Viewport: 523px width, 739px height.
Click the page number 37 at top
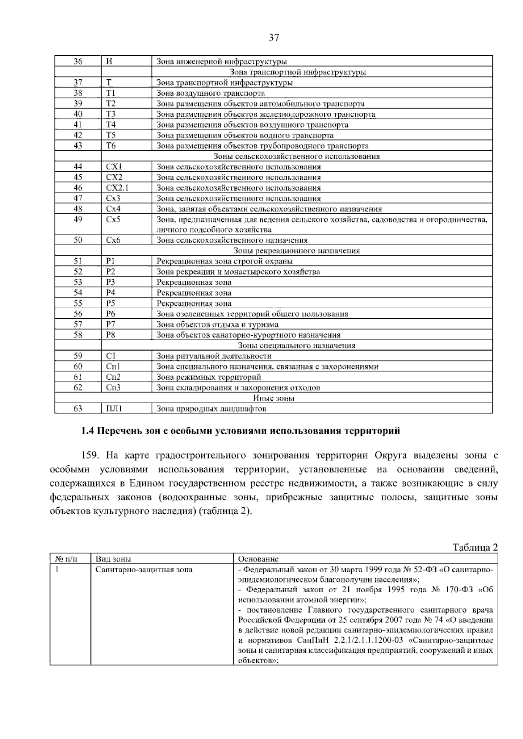pyautogui.click(x=273, y=38)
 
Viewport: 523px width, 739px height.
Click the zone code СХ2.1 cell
pyautogui.click(x=117, y=188)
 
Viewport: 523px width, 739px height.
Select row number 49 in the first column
pyautogui.click(x=78, y=219)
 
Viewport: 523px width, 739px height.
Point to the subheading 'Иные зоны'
pyautogui.click(x=274, y=398)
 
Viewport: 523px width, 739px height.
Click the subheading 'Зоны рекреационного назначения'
pyautogui.click(x=297, y=251)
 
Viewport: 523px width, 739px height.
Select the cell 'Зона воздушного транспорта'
pyautogui.click(x=211, y=93)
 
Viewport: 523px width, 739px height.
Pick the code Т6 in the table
pyautogui.click(x=111, y=146)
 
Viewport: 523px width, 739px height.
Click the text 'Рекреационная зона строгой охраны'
pyautogui.click(x=224, y=261)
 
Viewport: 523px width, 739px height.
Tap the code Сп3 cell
pyautogui.click(x=113, y=388)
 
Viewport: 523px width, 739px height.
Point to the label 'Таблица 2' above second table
pyautogui.click(x=475, y=548)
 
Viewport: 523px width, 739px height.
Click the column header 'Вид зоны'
pyautogui.click(x=113, y=559)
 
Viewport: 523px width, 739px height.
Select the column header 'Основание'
pyautogui.click(x=258, y=559)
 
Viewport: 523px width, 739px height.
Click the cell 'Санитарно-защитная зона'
pyautogui.click(x=144, y=570)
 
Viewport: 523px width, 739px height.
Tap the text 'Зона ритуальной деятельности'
pyautogui.click(x=214, y=356)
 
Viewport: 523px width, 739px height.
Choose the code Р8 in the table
pyautogui.click(x=111, y=335)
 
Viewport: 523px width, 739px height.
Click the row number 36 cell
pyautogui.click(x=78, y=61)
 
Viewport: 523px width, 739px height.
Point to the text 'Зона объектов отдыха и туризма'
pyautogui.click(x=217, y=324)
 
